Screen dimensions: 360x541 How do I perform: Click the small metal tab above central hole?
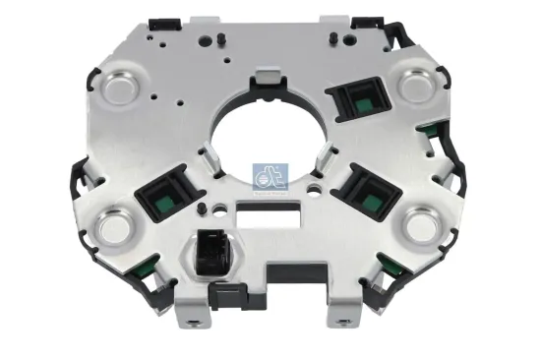(x=267, y=77)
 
